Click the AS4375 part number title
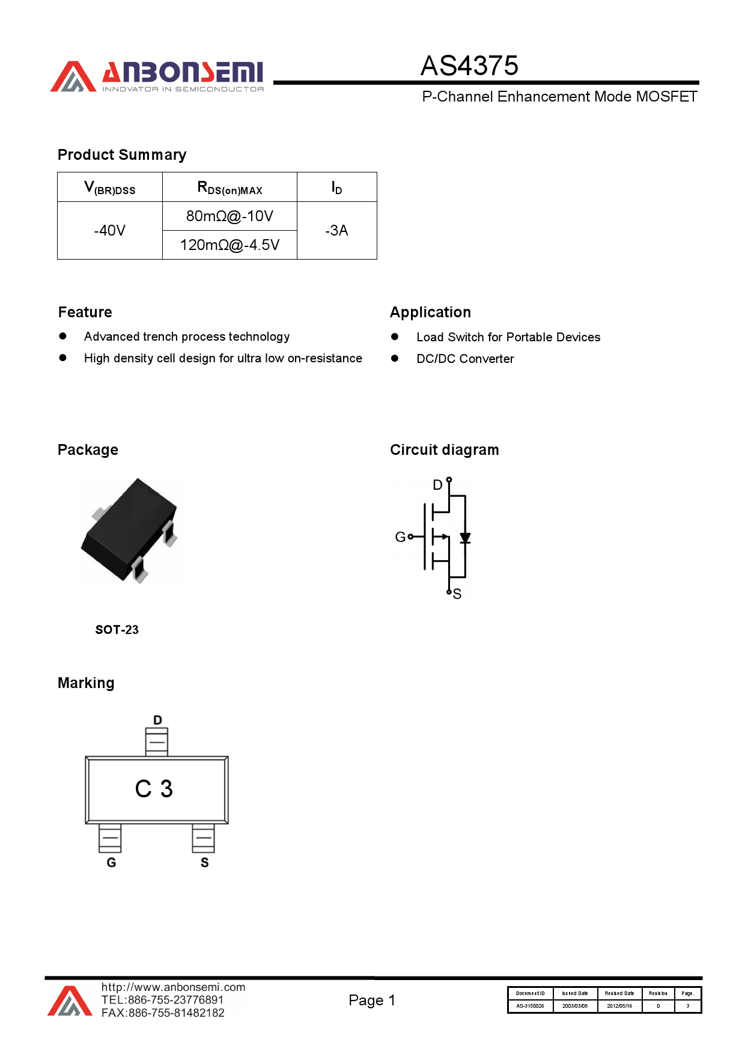(x=469, y=66)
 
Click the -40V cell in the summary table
(x=110, y=231)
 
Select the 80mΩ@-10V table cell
(x=230, y=216)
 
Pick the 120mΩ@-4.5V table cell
(x=230, y=245)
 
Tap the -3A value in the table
(x=336, y=231)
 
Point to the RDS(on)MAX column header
(x=230, y=188)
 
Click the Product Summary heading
(x=122, y=155)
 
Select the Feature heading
(x=85, y=312)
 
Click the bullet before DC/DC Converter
(x=395, y=358)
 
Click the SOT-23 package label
(x=117, y=630)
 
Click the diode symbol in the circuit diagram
(x=465, y=538)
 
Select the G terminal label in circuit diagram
(x=400, y=537)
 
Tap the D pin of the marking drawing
(x=157, y=742)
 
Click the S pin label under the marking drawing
(x=204, y=863)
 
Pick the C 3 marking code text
(x=154, y=789)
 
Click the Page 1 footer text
(x=372, y=1001)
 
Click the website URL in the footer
(x=173, y=987)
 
